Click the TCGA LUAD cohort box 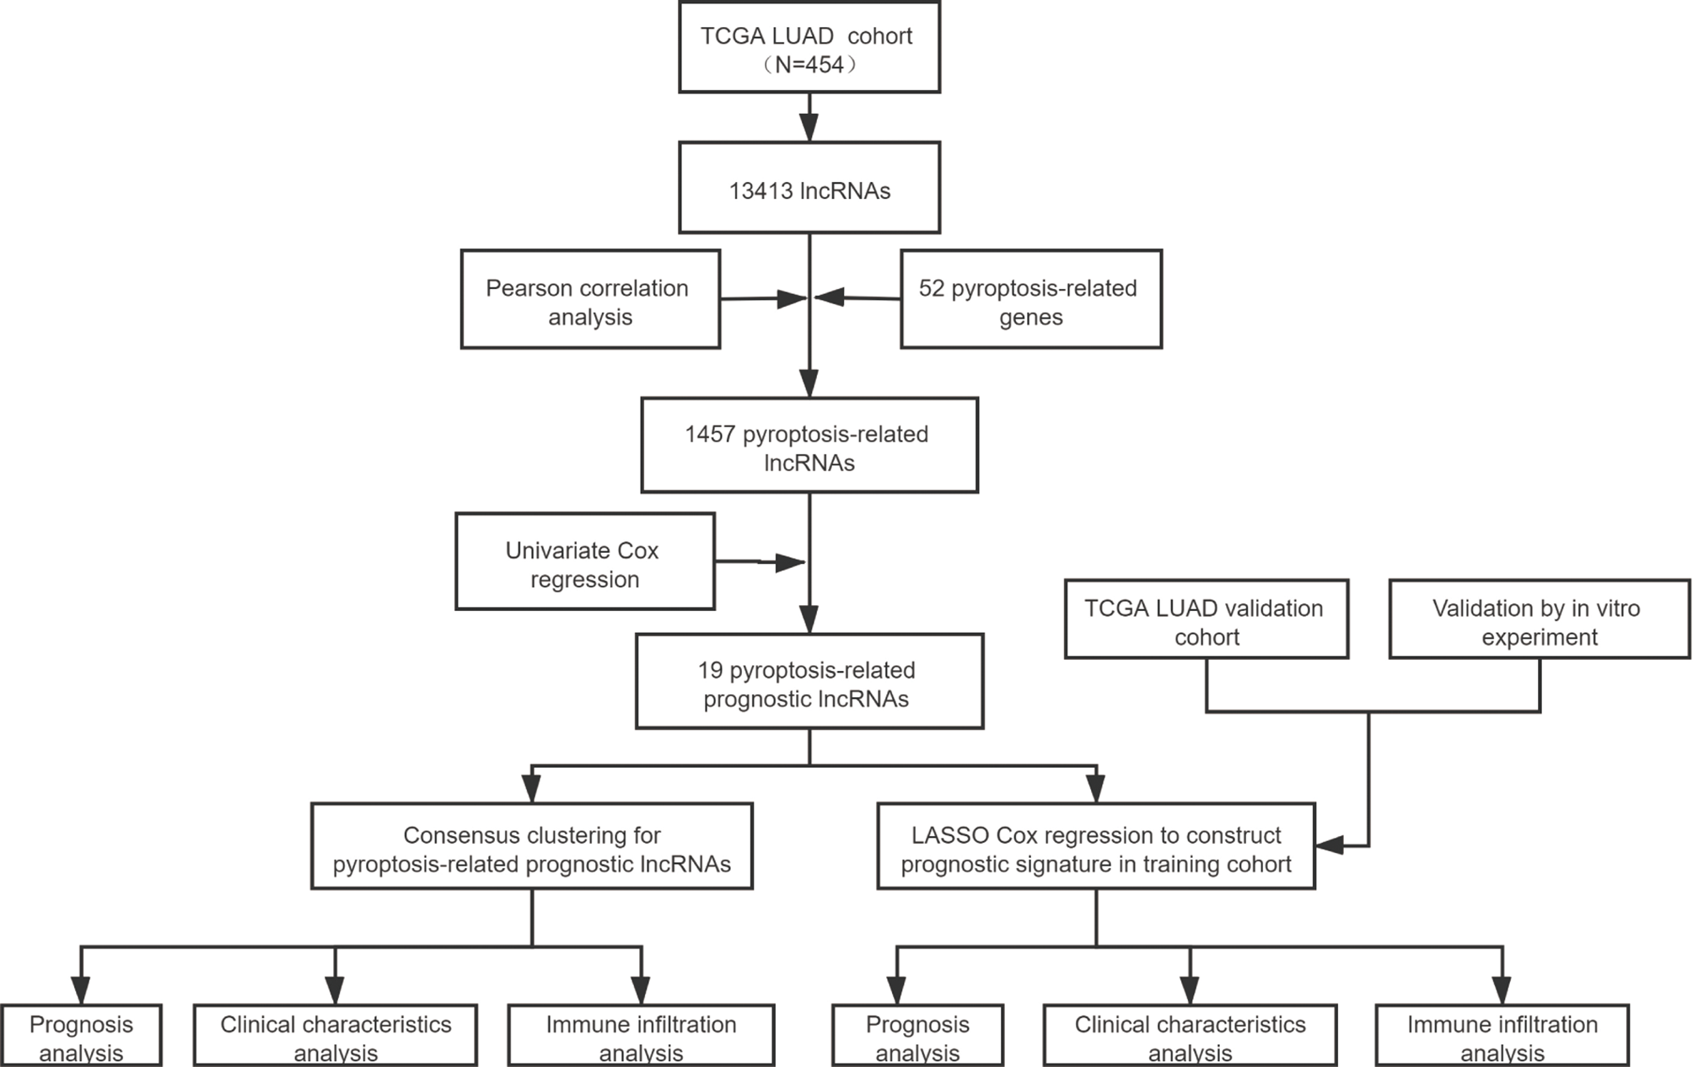tap(809, 47)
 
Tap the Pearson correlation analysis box tap(590, 299)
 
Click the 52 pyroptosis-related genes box tap(1030, 299)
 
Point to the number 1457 tap(710, 435)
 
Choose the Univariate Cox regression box tap(584, 562)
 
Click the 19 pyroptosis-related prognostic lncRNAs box tap(809, 682)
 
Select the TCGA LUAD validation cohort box tap(1206, 619)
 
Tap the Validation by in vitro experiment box tap(1539, 619)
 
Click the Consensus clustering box tap(531, 846)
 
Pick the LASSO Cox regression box tap(1095, 846)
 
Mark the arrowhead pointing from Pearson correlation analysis tap(791, 298)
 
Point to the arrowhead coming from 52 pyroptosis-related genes tap(830, 297)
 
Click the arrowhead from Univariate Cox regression tap(789, 562)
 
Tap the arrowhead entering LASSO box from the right tap(1330, 845)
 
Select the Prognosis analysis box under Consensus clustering tap(81, 1036)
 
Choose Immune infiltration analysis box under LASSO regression tap(1502, 1036)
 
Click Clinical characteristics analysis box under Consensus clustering tap(335, 1036)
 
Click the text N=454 tap(809, 65)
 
